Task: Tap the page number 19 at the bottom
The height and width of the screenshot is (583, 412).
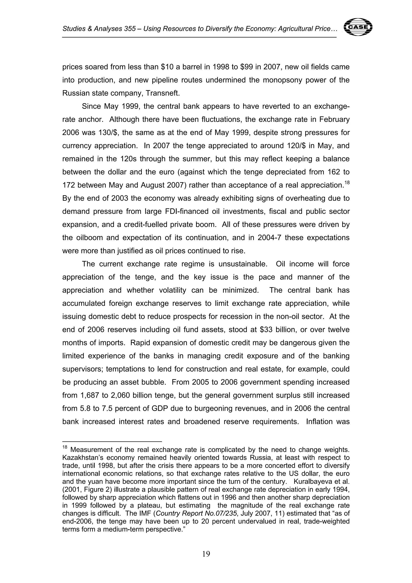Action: pos(206,554)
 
